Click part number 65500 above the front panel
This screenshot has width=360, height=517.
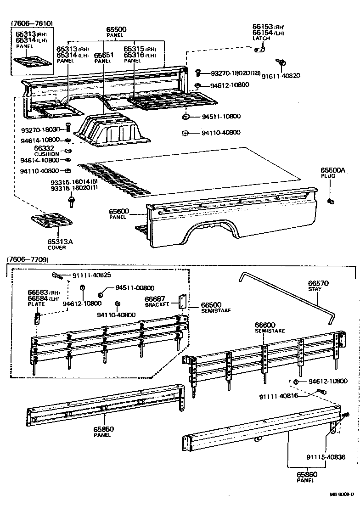click(116, 30)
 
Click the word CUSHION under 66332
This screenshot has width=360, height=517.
click(47, 154)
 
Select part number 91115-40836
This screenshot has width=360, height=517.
click(326, 457)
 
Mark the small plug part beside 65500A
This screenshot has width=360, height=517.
click(330, 201)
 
